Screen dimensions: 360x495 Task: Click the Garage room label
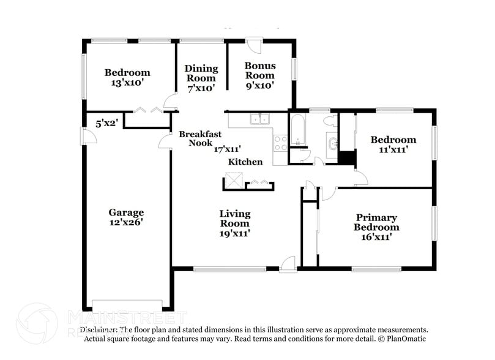coord(126,212)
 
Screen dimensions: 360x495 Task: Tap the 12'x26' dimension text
coord(126,223)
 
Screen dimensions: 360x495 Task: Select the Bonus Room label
coord(260,70)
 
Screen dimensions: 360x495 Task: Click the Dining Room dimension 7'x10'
coord(201,88)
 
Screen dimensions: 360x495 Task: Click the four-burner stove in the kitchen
coord(280,143)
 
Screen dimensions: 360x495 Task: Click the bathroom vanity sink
coord(332,143)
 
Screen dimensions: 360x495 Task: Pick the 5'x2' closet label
coord(106,122)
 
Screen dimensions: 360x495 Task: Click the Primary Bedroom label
coord(377,222)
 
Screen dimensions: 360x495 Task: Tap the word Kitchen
coord(245,162)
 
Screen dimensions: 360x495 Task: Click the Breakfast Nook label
coord(200,138)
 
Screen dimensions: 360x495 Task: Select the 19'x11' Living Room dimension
coord(235,233)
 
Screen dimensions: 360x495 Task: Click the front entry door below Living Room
coord(286,264)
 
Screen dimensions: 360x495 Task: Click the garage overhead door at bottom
coord(127,304)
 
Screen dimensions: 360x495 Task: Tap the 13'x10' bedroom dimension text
coord(127,83)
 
